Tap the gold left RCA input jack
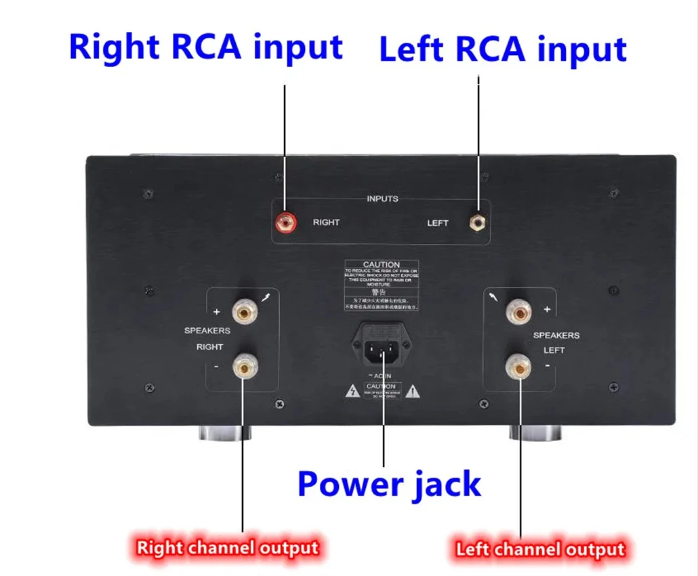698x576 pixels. (479, 221)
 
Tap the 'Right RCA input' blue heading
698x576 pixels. (206, 47)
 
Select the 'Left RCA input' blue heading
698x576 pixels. (503, 50)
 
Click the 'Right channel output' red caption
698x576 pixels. (228, 547)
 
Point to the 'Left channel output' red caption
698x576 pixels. (540, 548)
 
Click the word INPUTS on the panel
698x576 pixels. (382, 199)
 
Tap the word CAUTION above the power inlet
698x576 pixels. (382, 264)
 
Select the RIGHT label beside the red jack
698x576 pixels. (326, 222)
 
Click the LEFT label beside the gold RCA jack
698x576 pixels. (438, 223)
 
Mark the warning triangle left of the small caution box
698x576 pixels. (354, 391)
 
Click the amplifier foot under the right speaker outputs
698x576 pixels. (225, 432)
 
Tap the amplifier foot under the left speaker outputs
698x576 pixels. (537, 432)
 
